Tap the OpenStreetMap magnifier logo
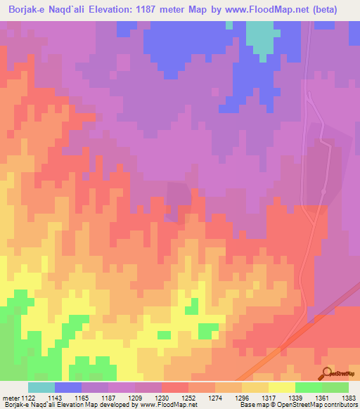tap(326, 372)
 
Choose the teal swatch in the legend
tap(41, 387)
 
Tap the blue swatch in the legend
tap(68, 387)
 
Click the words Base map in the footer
tap(250, 405)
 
